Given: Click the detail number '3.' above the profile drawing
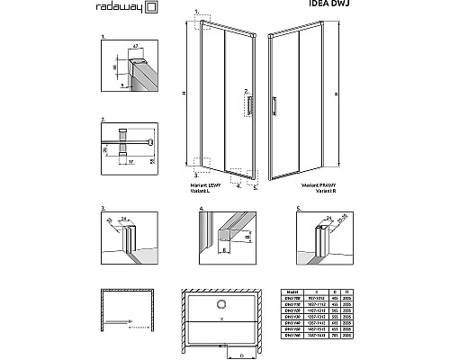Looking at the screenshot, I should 103,209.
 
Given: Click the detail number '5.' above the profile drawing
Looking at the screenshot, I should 296,209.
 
